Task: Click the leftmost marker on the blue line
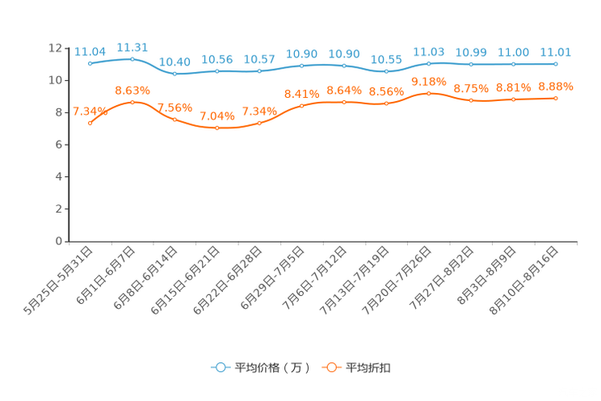90,63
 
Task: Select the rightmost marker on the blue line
556,63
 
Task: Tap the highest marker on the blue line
132,58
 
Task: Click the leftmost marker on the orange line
90,123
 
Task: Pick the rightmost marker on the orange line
556,98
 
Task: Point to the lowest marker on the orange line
216,128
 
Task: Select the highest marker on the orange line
428,92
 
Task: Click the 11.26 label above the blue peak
132,46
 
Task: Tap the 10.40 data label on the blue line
174,61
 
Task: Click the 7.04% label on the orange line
216,116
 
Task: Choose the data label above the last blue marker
556,52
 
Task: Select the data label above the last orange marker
556,86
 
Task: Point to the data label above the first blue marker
90,51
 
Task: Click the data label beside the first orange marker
90,111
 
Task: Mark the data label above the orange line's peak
428,80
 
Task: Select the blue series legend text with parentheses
271,368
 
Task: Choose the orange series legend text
369,368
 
